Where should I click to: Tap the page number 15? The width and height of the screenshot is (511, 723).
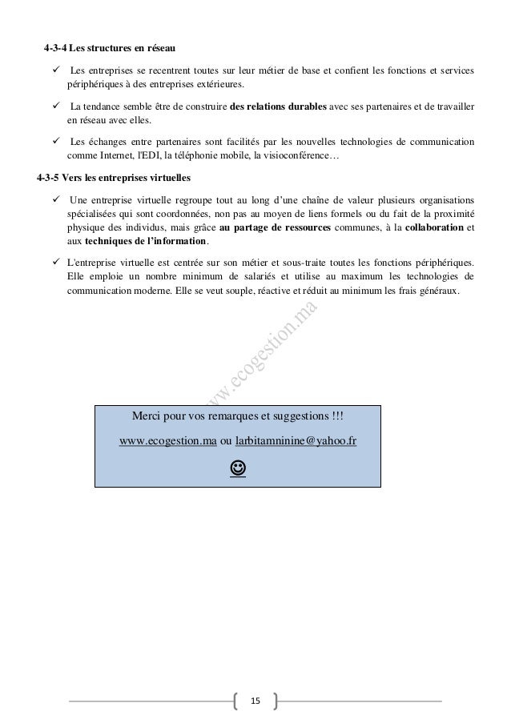(255, 701)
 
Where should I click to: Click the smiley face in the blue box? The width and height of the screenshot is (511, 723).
(238, 465)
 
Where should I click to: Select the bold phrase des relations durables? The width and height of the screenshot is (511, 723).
(280, 106)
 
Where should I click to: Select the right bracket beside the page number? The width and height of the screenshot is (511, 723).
(275, 701)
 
